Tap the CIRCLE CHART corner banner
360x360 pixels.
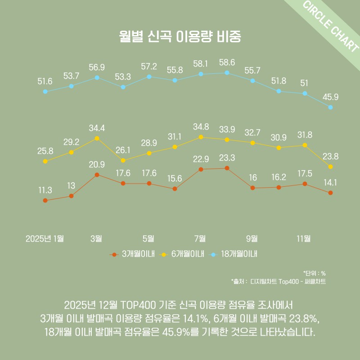click(x=331, y=27)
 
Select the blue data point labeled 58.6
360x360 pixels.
click(x=227, y=72)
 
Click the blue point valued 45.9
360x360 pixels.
click(x=330, y=107)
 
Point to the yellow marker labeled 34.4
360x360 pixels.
click(x=97, y=138)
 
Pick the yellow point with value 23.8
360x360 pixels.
click(x=330, y=166)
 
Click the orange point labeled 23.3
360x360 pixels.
click(x=227, y=168)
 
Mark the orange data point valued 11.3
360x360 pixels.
click(x=45, y=200)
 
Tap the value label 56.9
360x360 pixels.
click(x=97, y=67)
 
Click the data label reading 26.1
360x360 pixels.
click(x=123, y=150)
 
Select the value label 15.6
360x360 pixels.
click(x=175, y=179)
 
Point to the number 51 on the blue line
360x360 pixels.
click(x=304, y=83)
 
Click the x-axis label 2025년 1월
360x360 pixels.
click(x=45, y=238)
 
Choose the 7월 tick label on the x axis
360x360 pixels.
click(x=200, y=238)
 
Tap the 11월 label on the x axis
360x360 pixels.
click(x=304, y=238)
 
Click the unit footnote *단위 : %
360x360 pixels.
click(x=315, y=273)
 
